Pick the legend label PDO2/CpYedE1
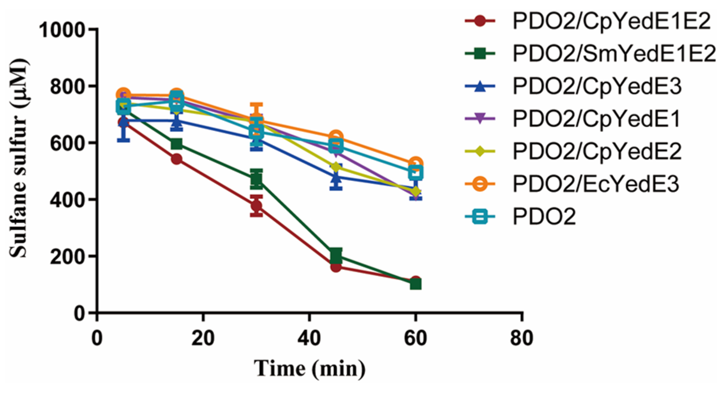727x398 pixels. coord(596,119)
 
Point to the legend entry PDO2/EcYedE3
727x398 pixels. coord(596,184)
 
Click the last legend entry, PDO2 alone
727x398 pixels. coord(544,216)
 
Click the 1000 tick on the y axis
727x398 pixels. coord(62,30)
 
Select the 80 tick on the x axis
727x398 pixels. coord(522,338)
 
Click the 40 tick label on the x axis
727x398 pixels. coord(309,338)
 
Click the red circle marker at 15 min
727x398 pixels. coord(176,159)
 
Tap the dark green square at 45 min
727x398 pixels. coord(336,255)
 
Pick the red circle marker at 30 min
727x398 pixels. coord(256,205)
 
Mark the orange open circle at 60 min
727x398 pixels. coord(416,164)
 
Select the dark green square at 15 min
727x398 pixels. coord(176,144)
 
